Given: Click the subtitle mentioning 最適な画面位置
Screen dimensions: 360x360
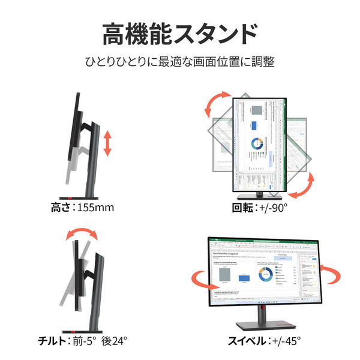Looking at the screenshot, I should pos(180,62).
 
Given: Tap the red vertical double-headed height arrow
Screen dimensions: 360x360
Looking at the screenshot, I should pos(107,145).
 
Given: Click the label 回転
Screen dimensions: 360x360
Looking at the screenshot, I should pos(244,208).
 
